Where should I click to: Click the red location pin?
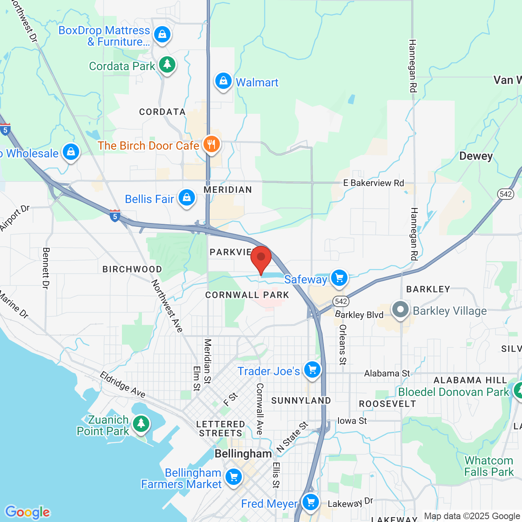(261, 259)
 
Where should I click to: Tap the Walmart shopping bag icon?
(223, 81)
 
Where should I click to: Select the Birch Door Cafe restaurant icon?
(211, 144)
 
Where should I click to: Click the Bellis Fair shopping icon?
(187, 198)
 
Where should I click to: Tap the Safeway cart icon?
(339, 278)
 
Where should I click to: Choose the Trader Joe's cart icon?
(312, 370)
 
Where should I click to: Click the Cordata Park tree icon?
(167, 64)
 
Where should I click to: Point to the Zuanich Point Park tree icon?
(141, 423)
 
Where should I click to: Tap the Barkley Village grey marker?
(400, 310)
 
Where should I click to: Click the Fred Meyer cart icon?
(311, 502)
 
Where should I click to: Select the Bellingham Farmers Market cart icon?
(234, 476)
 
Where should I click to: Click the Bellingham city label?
(243, 454)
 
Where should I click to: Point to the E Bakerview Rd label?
(374, 183)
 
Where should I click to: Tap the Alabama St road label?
(387, 373)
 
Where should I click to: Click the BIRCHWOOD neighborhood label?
(132, 269)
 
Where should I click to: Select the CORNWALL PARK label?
(247, 295)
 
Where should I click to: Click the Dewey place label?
(476, 156)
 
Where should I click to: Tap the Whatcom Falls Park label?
(489, 466)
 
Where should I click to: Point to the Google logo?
(28, 512)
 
